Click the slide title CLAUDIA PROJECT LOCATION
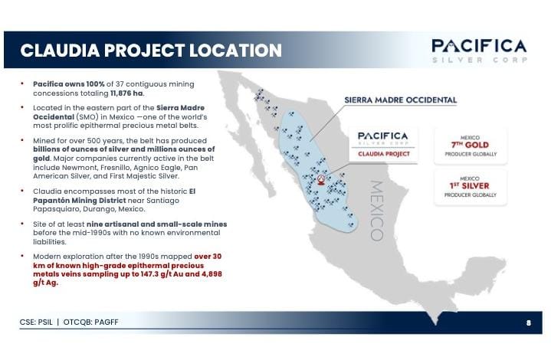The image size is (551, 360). [151, 51]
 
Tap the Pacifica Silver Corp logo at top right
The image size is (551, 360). [478, 50]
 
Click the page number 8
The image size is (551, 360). [528, 322]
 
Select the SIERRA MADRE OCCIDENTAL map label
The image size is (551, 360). [401, 100]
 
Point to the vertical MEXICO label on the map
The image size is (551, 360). [376, 210]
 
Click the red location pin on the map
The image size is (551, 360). [321, 180]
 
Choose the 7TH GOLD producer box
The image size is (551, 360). [470, 143]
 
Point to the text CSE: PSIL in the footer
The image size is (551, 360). [36, 322]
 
